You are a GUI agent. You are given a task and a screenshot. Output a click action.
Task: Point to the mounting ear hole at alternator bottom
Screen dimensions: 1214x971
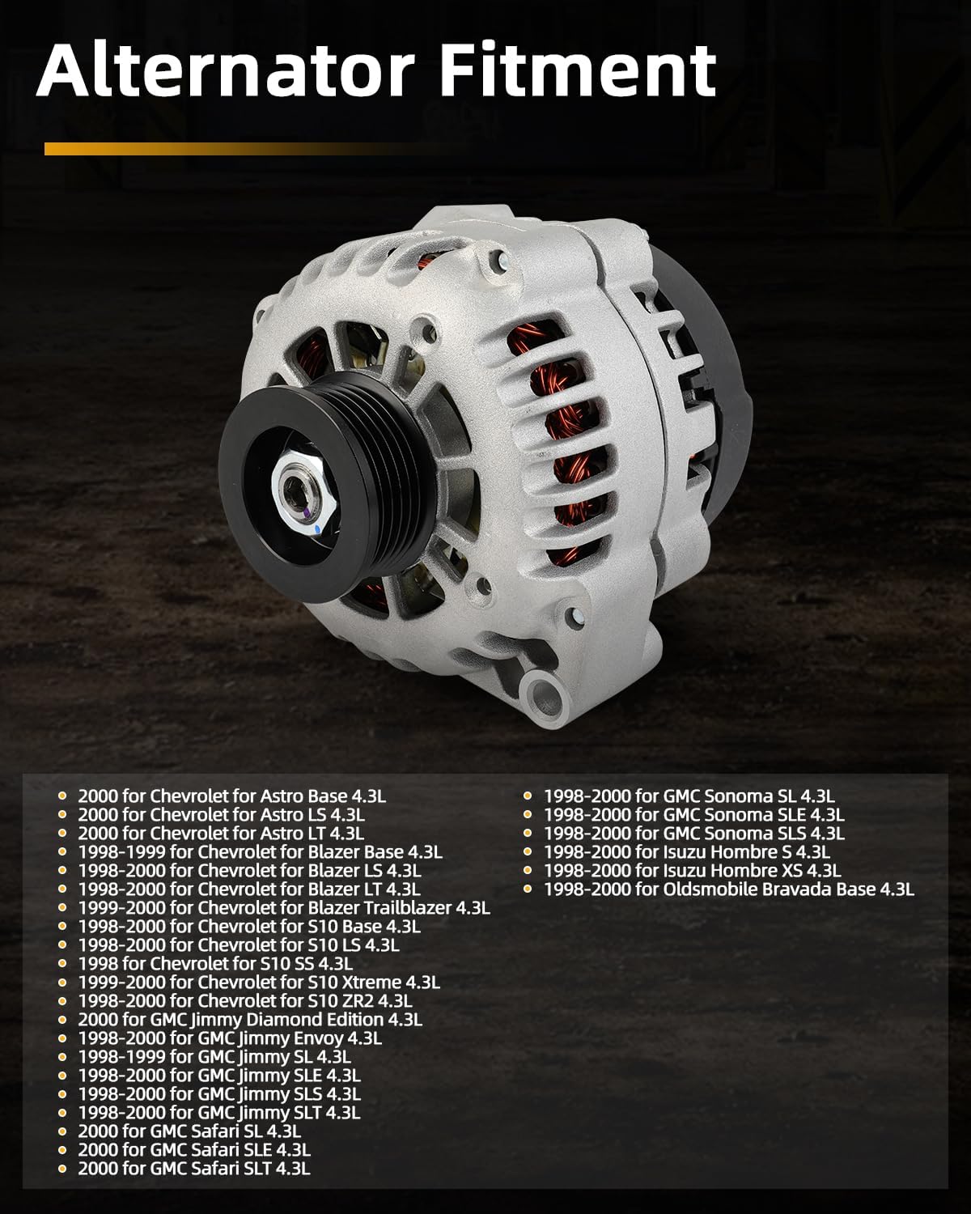(x=543, y=693)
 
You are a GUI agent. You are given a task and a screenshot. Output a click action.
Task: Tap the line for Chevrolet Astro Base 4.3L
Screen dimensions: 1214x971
(x=232, y=796)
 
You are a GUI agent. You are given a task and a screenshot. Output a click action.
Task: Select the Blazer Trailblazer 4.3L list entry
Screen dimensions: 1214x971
(x=284, y=907)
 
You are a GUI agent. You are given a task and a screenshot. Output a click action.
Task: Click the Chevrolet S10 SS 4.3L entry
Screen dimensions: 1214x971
(x=215, y=963)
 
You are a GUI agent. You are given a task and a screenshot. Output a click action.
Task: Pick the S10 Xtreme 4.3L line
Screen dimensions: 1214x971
(x=259, y=982)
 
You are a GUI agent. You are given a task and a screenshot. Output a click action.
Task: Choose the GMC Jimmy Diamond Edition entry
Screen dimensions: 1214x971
(x=250, y=1020)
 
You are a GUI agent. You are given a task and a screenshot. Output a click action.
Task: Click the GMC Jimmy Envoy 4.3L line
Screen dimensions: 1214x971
(x=230, y=1038)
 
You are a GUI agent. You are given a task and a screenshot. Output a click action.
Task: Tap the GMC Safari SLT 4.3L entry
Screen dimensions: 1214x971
(x=194, y=1168)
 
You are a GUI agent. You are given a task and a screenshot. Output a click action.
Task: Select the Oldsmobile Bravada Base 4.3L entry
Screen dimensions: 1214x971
(x=729, y=889)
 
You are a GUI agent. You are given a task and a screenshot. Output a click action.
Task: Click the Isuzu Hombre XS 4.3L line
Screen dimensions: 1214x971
(x=693, y=870)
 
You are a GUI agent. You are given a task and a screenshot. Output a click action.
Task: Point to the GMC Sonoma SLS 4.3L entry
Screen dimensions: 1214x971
(x=694, y=833)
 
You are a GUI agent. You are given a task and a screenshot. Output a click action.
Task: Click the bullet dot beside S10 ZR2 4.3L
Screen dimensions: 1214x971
(x=64, y=1001)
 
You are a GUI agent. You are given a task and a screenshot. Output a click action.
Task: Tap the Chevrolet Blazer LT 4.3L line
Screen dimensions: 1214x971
(x=249, y=889)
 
